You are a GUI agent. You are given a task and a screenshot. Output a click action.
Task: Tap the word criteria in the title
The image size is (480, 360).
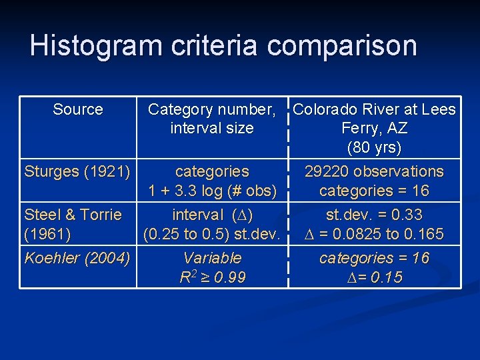coord(211,46)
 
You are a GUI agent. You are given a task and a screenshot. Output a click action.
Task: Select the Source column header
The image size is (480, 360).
coord(78,109)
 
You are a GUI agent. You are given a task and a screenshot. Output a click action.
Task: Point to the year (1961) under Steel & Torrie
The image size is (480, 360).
coord(47,234)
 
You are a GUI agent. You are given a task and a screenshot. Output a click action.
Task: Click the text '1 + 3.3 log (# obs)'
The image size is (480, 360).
coord(212,191)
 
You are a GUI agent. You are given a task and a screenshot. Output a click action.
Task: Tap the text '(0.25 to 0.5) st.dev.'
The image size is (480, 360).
coord(212,234)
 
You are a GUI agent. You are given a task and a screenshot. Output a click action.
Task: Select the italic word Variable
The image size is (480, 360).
coord(212,258)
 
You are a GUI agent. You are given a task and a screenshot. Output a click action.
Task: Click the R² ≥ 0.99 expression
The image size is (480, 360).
coord(212,277)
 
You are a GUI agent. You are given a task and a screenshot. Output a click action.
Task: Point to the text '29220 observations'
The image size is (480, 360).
coord(374,171)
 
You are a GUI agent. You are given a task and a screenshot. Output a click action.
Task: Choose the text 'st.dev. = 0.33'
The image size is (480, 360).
coord(374,215)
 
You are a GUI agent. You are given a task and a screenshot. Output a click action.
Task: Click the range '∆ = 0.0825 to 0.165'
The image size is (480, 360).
coord(374,234)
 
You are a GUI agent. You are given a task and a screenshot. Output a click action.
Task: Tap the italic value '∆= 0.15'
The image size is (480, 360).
coord(374,277)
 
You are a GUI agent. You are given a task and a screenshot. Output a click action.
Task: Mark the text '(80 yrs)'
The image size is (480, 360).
coord(374,147)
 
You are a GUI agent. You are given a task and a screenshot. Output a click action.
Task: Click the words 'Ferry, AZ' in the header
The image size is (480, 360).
coord(374,128)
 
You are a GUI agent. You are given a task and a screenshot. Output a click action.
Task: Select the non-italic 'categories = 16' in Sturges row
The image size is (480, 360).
coord(374,191)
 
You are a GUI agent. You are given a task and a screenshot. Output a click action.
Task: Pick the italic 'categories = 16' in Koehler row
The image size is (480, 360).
coord(374,258)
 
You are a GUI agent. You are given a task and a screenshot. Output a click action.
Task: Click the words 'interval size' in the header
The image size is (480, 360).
coord(212,128)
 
